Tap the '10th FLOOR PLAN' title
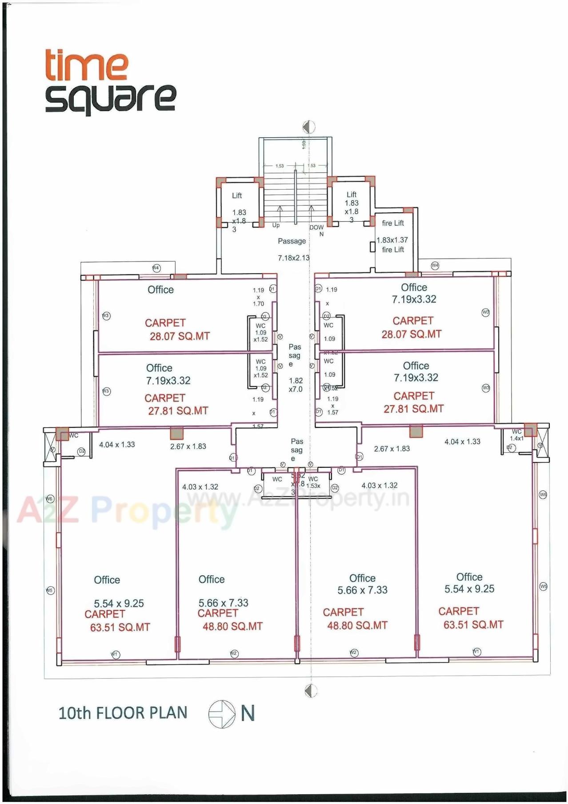(123, 712)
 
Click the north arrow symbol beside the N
(222, 714)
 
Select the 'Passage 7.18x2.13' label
(293, 249)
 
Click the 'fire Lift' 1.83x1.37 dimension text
(392, 240)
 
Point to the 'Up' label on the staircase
(276, 225)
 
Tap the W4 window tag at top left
(156, 268)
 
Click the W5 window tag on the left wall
(50, 590)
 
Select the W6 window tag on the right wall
(543, 494)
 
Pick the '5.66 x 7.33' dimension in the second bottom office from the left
(223, 603)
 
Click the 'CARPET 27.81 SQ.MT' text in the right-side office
(413, 402)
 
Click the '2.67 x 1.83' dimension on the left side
(188, 446)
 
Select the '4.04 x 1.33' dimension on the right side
(462, 442)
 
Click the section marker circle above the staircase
(309, 127)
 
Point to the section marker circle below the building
(311, 691)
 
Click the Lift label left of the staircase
(237, 195)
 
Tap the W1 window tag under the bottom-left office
(115, 654)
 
